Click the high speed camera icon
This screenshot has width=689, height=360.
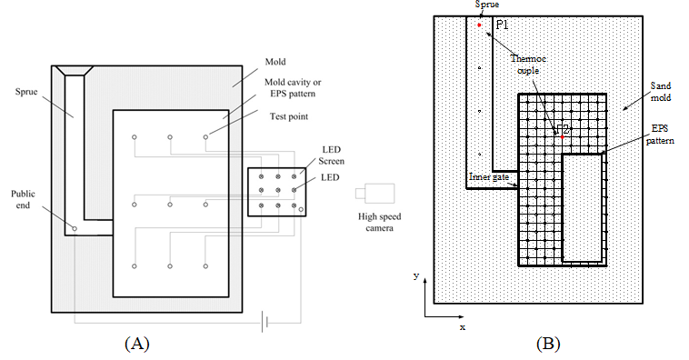374,194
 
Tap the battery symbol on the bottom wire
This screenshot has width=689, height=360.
265,323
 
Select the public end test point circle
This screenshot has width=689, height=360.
75,228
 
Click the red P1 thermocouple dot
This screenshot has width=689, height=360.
479,25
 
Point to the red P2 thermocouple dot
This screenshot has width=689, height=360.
562,137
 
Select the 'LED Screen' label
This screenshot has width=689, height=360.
331,155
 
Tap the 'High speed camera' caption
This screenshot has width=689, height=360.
379,222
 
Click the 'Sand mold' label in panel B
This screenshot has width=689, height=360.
661,92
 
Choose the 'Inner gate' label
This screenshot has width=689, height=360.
489,177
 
